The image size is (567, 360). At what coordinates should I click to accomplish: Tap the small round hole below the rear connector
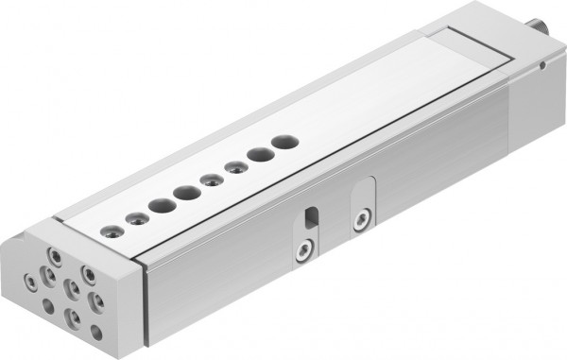point(544,66)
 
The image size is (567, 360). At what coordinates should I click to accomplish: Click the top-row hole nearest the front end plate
point(115,228)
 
